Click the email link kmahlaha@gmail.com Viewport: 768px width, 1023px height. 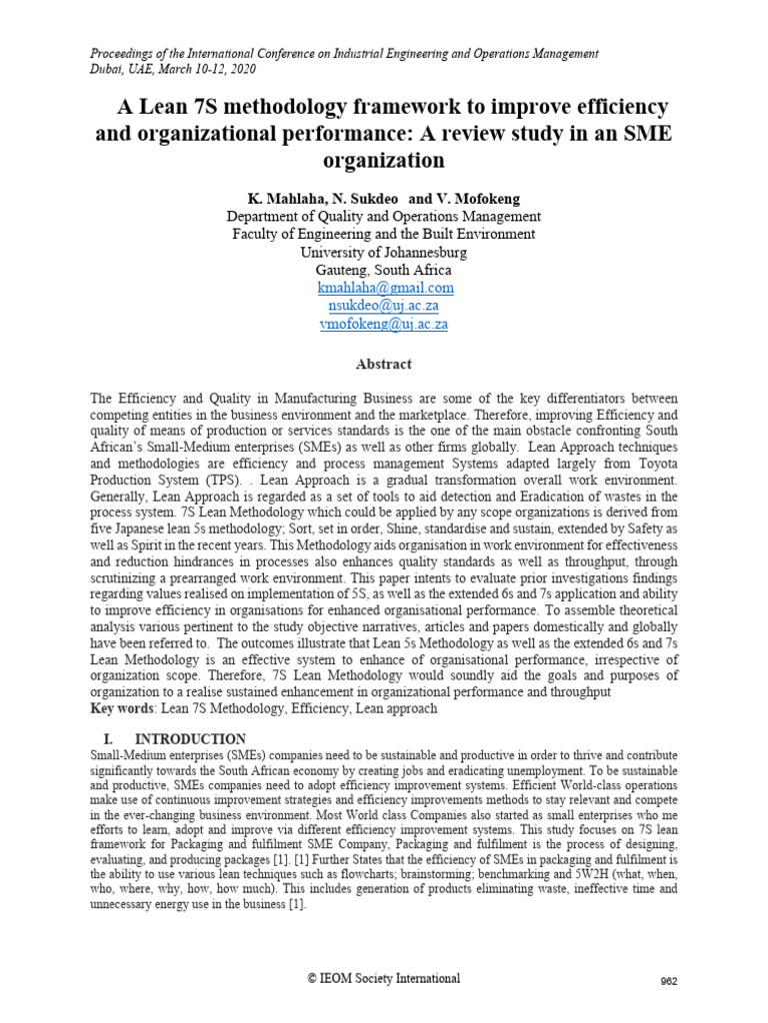(385, 288)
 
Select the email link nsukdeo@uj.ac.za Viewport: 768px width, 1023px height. (385, 307)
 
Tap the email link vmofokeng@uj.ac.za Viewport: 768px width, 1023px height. (384, 325)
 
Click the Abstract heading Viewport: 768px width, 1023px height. (384, 365)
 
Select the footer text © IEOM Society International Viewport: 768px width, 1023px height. (384, 979)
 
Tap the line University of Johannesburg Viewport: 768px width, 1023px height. (384, 252)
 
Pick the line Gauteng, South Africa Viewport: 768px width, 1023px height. (384, 270)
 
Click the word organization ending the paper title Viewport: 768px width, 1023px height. (384, 160)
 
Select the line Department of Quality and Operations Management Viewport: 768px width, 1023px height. (384, 216)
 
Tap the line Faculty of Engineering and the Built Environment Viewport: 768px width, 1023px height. (384, 234)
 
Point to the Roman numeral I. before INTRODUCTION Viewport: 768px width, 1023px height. (110, 739)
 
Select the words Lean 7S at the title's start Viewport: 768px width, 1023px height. (159, 107)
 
